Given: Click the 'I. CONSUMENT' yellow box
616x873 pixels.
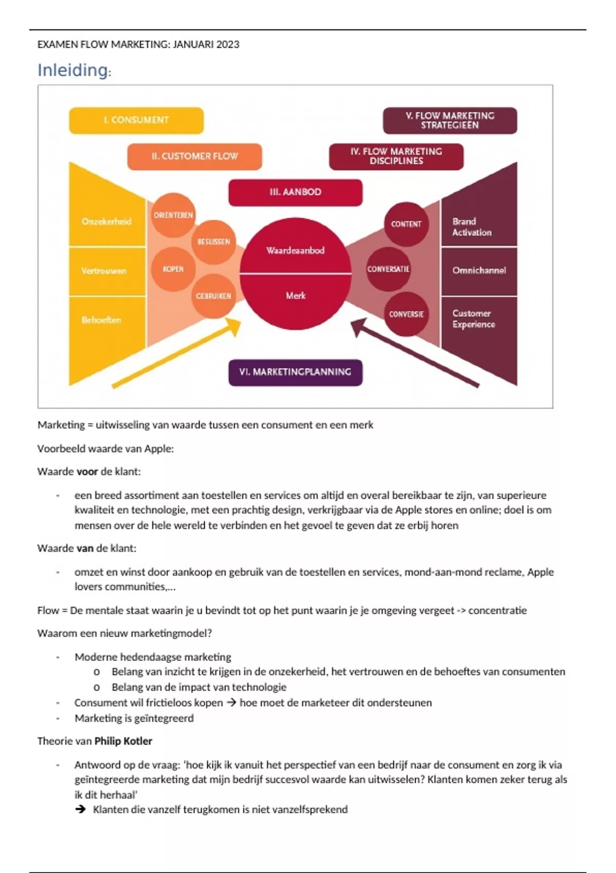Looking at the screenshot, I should [136, 120].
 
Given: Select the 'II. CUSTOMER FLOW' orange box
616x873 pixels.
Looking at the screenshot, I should [195, 156].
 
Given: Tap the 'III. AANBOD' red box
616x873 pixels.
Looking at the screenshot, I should [295, 192].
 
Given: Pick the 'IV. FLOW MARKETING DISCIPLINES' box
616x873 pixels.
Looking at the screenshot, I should [396, 156].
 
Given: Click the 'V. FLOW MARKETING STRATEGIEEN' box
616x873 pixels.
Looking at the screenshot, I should [450, 120].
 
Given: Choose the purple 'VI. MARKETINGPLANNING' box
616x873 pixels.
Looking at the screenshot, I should [295, 372].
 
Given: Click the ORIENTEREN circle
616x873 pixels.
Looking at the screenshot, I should [173, 215].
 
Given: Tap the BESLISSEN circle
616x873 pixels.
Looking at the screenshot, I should [214, 242].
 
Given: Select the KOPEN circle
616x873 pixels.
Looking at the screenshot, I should [173, 269].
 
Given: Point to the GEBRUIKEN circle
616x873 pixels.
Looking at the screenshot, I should [214, 296].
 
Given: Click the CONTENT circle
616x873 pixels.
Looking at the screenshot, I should [406, 224].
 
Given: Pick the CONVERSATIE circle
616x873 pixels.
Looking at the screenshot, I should [388, 269].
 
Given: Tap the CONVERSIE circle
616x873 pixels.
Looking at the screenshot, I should [406, 314].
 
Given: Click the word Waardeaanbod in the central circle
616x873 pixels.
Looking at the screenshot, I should [295, 251].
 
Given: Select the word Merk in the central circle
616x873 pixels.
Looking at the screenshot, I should [295, 296].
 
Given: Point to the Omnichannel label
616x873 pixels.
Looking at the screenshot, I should [479, 271].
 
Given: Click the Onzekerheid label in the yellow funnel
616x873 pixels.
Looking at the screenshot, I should [106, 221].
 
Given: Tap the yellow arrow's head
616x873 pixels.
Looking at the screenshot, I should [235, 325].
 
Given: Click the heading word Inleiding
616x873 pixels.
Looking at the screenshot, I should [72, 70].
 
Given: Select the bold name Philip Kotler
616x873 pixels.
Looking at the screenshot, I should [123, 741].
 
